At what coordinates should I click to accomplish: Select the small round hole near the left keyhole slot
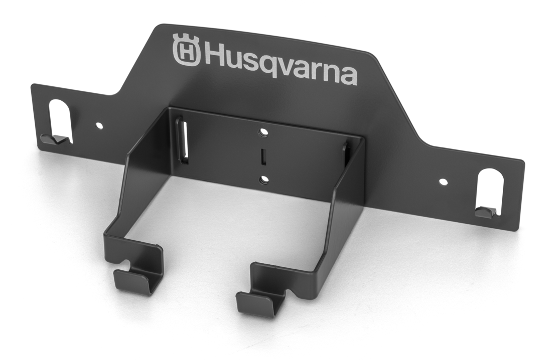(99, 123)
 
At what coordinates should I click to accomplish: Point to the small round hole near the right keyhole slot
(442, 182)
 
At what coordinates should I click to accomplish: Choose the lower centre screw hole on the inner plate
(262, 179)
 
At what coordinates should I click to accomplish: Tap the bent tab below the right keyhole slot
(484, 212)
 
